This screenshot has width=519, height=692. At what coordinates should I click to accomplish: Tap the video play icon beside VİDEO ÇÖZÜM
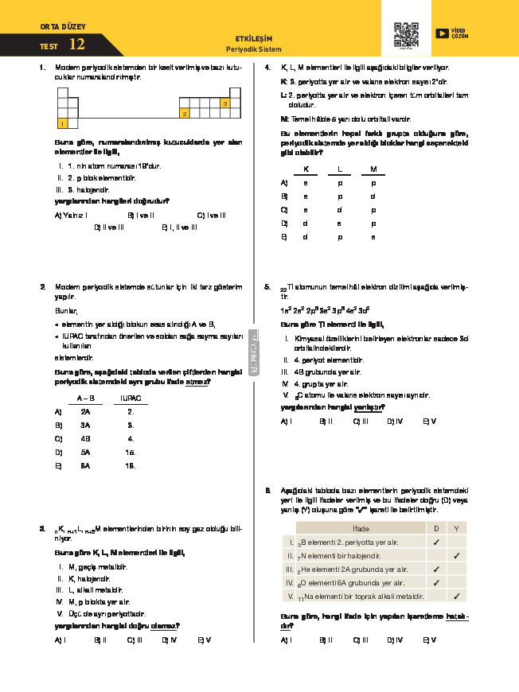[442, 33]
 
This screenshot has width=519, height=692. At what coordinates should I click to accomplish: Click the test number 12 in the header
[77, 45]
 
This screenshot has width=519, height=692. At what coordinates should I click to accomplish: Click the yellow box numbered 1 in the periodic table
[62, 123]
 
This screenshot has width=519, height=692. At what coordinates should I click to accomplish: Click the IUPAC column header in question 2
[131, 397]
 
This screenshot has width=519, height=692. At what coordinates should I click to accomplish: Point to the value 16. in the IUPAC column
[131, 452]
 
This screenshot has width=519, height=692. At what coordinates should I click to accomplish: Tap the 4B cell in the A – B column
[85, 438]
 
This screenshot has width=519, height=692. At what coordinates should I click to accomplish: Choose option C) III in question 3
[135, 640]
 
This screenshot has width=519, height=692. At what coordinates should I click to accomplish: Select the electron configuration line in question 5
[326, 309]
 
